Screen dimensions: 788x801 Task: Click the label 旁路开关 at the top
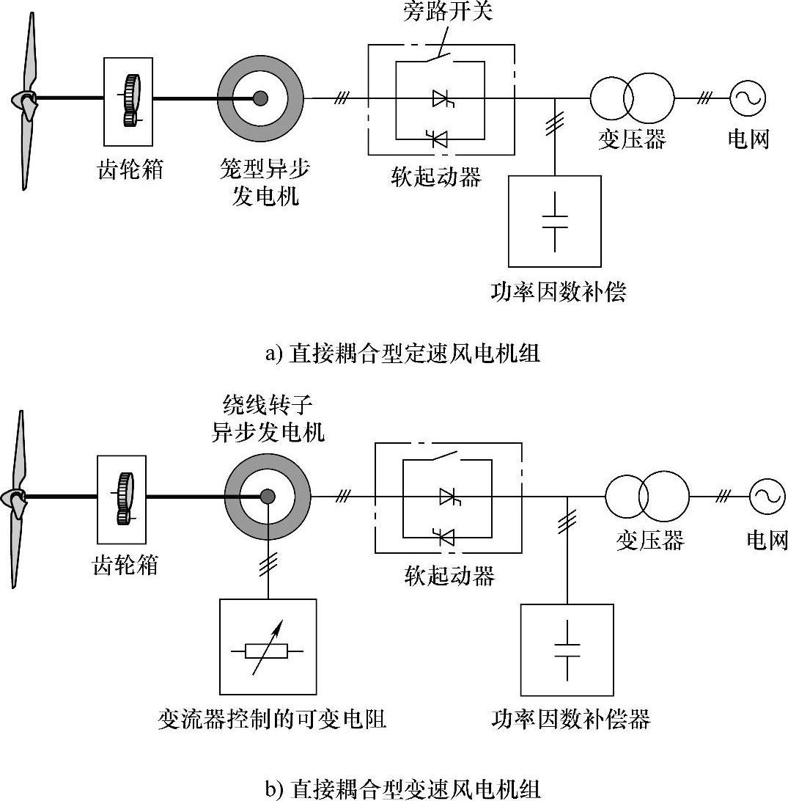coord(447,11)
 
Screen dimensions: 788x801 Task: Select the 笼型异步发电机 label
coord(265,182)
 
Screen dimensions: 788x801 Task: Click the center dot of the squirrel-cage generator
coord(261,98)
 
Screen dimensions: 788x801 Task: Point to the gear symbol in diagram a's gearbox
coord(132,100)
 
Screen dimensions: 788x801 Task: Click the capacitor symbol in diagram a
coord(555,222)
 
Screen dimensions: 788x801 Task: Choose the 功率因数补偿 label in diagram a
coord(558,292)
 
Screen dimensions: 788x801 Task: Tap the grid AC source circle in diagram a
coord(748,98)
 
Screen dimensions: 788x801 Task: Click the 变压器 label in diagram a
coord(632,139)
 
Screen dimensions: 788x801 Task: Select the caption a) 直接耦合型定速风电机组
coord(402,354)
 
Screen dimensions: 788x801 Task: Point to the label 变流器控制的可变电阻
coord(272,720)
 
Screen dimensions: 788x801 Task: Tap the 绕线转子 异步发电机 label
coord(268,418)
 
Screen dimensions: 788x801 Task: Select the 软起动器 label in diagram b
coord(449,575)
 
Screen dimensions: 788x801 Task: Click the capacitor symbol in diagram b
coord(567,651)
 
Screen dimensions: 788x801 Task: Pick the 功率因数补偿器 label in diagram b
coord(570,720)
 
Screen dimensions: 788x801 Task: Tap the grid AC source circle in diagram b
coord(767,496)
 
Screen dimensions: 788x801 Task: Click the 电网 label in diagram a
coord(748,139)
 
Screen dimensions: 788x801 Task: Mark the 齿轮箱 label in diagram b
coord(125,566)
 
